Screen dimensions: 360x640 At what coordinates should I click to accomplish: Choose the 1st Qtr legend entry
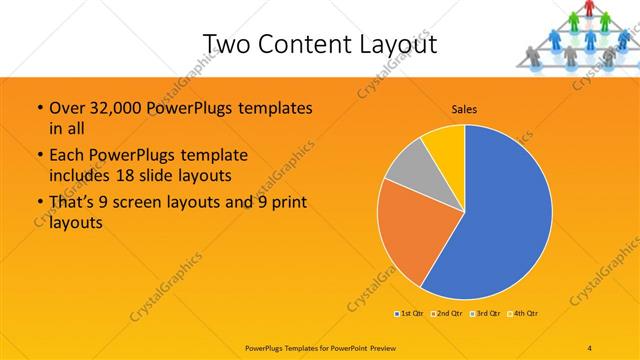[x=408, y=313]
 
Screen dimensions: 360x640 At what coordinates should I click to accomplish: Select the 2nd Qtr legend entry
[x=446, y=313]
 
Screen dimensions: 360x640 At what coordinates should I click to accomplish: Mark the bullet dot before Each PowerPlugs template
[x=39, y=156]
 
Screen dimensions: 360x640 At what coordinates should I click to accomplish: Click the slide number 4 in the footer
[x=590, y=348]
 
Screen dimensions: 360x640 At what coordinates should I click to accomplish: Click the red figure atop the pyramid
[x=590, y=9]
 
